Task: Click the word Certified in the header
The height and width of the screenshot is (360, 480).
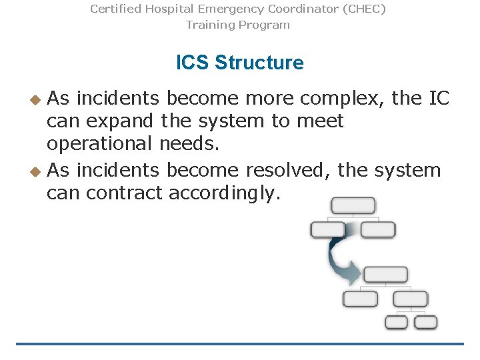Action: tap(115, 9)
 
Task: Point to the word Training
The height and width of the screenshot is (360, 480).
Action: tap(209, 25)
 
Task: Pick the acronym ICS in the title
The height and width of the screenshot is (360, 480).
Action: tap(193, 63)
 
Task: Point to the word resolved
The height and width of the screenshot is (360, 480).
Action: tap(288, 170)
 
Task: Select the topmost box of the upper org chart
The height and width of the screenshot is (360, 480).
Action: tap(353, 205)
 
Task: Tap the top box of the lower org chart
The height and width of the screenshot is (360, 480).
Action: tap(385, 274)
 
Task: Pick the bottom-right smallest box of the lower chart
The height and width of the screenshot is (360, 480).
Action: tap(426, 323)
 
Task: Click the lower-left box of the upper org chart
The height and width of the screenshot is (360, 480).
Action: tap(328, 230)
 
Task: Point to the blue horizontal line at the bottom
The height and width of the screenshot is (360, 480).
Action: tap(240, 344)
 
